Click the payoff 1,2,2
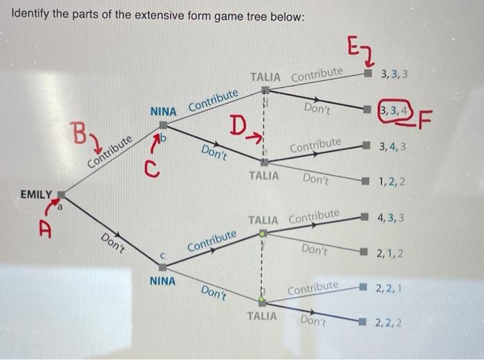(x=392, y=183)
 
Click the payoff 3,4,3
(x=392, y=146)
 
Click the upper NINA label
(x=164, y=111)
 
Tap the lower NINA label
(x=162, y=281)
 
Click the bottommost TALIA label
(x=262, y=316)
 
